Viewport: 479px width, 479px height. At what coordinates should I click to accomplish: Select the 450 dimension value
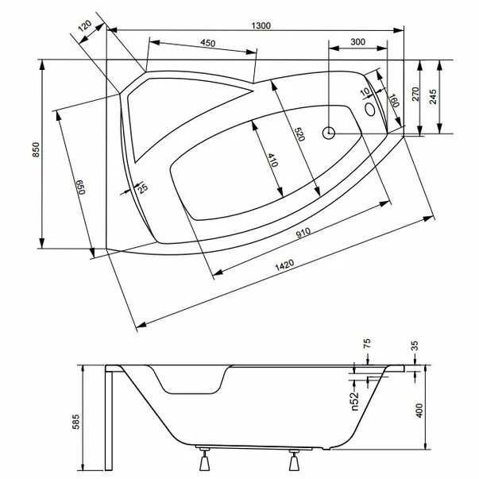tap(208, 43)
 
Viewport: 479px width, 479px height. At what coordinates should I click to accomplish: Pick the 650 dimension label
tap(79, 189)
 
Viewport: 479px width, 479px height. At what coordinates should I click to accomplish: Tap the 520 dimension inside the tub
tap(299, 136)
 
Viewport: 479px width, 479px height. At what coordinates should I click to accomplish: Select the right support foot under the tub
tap(295, 460)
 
